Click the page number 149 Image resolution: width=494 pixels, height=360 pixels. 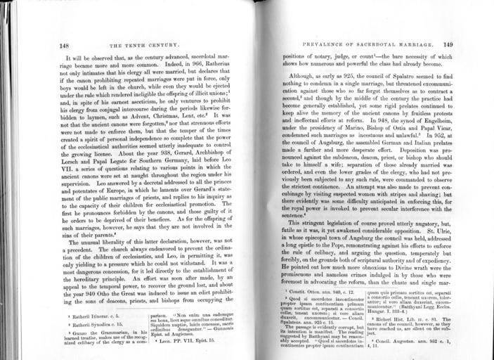pyautogui.click(x=447, y=44)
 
